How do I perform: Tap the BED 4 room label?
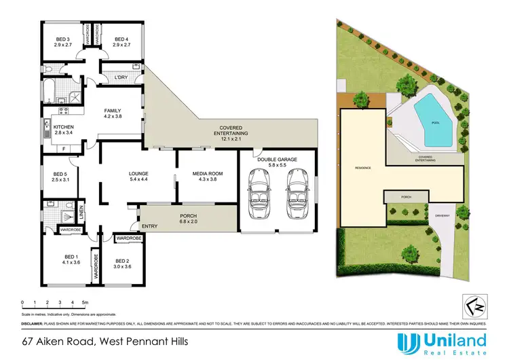click(x=122, y=39)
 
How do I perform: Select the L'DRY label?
click(x=121, y=77)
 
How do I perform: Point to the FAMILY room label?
click(x=113, y=110)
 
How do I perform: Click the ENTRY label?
click(x=149, y=226)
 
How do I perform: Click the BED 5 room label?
click(x=62, y=173)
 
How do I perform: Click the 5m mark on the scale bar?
click(x=85, y=301)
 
